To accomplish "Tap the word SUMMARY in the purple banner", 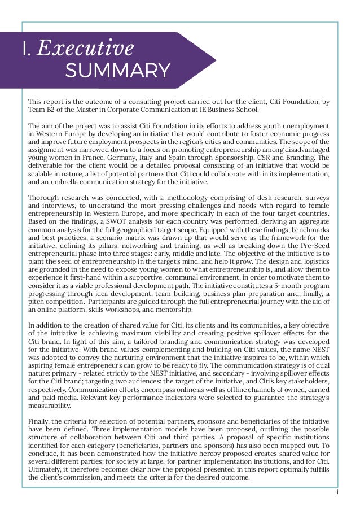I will (x=117, y=71).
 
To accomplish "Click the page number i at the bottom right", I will (x=336, y=491).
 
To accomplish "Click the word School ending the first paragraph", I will (x=245, y=110).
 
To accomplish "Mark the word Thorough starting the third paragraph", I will (x=45, y=198).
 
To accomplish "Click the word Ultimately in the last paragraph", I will (x=49, y=469).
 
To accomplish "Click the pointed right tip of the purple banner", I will (x=216, y=60).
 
